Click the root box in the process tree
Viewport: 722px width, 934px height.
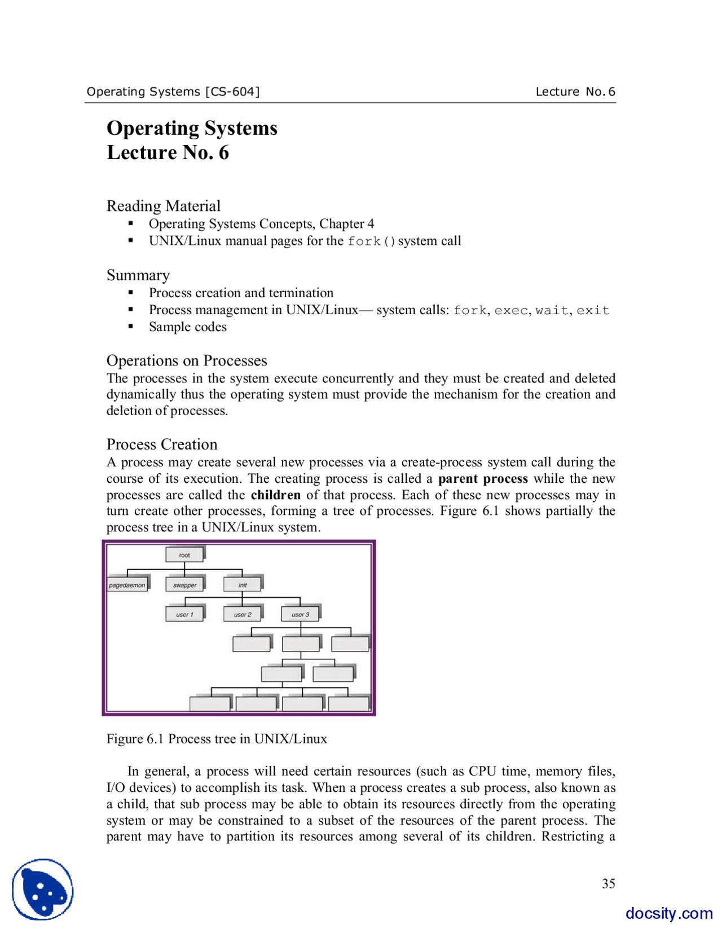point(184,555)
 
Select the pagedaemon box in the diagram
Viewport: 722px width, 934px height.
point(127,585)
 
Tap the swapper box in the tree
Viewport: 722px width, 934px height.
point(184,585)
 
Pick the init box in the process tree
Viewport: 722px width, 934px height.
point(243,585)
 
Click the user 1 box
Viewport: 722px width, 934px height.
point(184,614)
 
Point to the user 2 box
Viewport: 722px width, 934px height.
point(243,614)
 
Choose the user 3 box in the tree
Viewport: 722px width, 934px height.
point(300,614)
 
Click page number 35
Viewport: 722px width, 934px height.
point(608,883)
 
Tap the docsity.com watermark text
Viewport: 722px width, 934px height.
point(668,913)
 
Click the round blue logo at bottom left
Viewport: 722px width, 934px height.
point(43,889)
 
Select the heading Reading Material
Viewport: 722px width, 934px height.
point(164,206)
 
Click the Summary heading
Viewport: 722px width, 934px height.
point(138,275)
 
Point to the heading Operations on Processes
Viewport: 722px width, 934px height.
point(187,360)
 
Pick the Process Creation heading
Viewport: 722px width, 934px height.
point(162,444)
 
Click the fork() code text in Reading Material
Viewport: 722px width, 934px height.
point(371,241)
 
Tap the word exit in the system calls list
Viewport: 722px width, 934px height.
point(593,310)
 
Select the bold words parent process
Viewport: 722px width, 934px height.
point(483,479)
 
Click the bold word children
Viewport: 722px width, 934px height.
point(275,495)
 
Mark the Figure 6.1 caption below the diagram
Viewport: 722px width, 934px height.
point(217,739)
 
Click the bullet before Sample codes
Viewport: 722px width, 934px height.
point(131,327)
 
